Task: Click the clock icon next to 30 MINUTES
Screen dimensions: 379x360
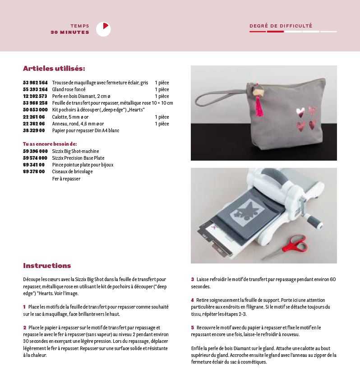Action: click(103, 29)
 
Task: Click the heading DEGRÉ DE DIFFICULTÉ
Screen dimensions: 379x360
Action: click(281, 26)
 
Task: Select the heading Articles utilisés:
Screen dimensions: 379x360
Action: click(54, 69)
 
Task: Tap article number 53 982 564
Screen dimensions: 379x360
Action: click(35, 83)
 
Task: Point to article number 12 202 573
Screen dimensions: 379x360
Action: click(35, 96)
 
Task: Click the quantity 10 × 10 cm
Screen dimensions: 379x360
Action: click(162, 103)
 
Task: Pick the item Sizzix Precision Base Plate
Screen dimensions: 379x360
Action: click(78, 158)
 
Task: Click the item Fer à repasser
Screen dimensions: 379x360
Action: click(66, 179)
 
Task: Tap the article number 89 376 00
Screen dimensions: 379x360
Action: click(34, 171)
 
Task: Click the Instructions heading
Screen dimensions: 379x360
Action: click(47, 266)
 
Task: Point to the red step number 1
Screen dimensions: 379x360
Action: click(24, 307)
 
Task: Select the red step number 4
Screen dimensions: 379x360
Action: click(192, 300)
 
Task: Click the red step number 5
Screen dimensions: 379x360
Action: click(192, 328)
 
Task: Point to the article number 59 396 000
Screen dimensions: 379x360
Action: click(35, 151)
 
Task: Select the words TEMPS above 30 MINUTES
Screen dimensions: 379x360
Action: click(80, 26)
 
